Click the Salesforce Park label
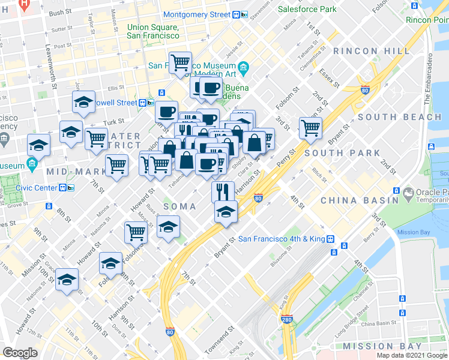(307, 9)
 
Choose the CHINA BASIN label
(360, 200)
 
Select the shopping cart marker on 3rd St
(310, 127)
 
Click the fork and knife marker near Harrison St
(222, 191)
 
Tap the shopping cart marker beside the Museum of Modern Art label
(180, 63)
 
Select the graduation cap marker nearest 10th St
(67, 280)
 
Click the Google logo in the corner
(20, 352)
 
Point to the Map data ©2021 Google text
(412, 355)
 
